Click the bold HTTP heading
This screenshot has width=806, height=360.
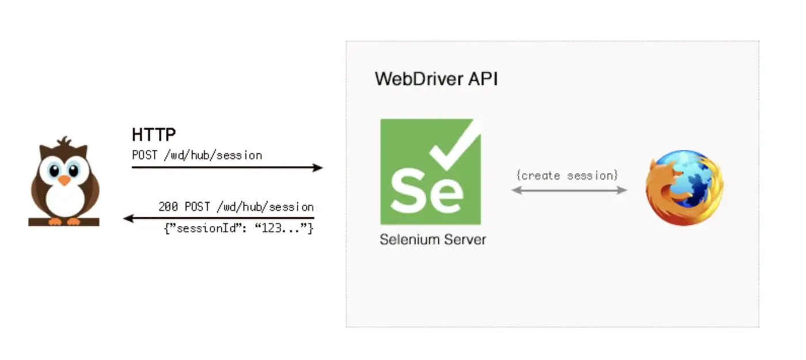154,135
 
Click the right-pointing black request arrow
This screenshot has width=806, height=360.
227,168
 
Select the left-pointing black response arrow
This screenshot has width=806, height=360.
219,218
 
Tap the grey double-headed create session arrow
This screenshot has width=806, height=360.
569,190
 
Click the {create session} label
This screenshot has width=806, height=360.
567,175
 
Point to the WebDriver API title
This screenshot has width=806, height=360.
436,79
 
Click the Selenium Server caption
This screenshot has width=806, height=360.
432,240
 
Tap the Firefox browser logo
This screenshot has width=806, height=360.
684,187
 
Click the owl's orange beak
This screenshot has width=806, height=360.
64,180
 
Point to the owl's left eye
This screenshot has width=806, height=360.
54,170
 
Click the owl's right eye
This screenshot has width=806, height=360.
74,170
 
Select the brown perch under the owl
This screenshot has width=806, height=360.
64,222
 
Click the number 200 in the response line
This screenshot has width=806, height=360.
168,207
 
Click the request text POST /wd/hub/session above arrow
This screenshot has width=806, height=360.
197,156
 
